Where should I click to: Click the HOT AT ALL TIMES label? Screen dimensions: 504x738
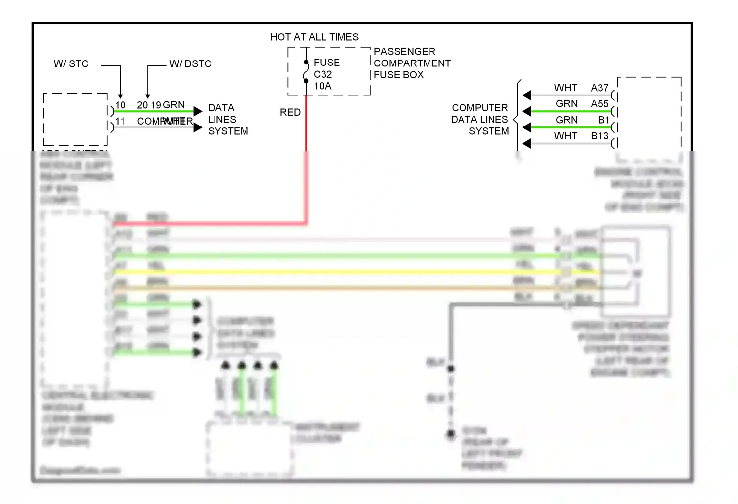coord(314,37)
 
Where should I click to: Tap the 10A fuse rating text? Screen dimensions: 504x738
coord(323,86)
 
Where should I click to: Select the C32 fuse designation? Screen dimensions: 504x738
coord(323,74)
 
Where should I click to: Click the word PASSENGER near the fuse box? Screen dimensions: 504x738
coord(404,52)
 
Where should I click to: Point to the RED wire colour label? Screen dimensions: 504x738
coord(290,112)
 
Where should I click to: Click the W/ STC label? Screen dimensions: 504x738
coord(71,64)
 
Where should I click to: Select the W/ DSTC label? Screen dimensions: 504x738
coord(190,64)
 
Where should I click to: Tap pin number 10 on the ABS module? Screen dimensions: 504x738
coord(121,105)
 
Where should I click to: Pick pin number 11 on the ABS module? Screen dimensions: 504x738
coord(120,121)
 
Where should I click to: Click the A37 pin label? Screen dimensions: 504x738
coord(600,88)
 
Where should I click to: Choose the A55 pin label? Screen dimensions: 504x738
coord(600,104)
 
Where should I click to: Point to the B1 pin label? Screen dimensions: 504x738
coord(604,120)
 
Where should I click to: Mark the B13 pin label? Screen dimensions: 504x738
coord(600,136)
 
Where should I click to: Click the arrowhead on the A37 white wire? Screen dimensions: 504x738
coord(527,95)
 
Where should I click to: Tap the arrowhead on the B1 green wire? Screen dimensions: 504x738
coord(527,127)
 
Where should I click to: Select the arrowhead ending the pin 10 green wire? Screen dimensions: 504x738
coord(198,111)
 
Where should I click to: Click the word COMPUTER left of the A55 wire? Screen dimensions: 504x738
coord(480,108)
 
